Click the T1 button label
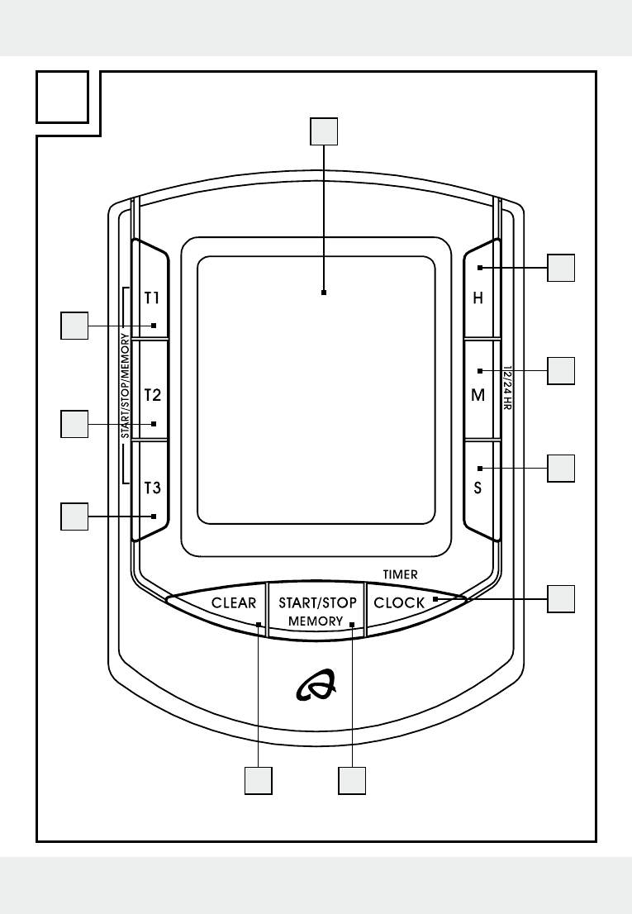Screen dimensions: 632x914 tap(151, 298)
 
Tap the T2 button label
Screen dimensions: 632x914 tap(152, 395)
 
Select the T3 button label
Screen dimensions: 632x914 tap(152, 488)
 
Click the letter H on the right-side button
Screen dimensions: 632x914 tap(478, 298)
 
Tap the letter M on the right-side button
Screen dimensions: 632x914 tap(478, 395)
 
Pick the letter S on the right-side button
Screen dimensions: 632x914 tap(478, 488)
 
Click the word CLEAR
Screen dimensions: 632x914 tap(234, 602)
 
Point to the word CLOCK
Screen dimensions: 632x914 tap(399, 602)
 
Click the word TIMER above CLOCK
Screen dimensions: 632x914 tap(400, 574)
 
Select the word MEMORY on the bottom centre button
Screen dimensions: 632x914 tap(316, 621)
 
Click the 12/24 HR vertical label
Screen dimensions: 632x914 tap(506, 388)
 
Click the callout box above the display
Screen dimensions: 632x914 tap(324, 131)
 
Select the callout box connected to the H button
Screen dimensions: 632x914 tap(561, 268)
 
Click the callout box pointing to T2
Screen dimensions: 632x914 tap(74, 424)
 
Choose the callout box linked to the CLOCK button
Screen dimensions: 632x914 tap(561, 598)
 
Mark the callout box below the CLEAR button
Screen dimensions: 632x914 tap(258, 780)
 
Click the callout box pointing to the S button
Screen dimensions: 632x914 tap(561, 468)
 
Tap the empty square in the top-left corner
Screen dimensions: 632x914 tap(62, 98)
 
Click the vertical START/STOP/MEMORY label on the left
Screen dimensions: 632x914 tap(126, 386)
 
